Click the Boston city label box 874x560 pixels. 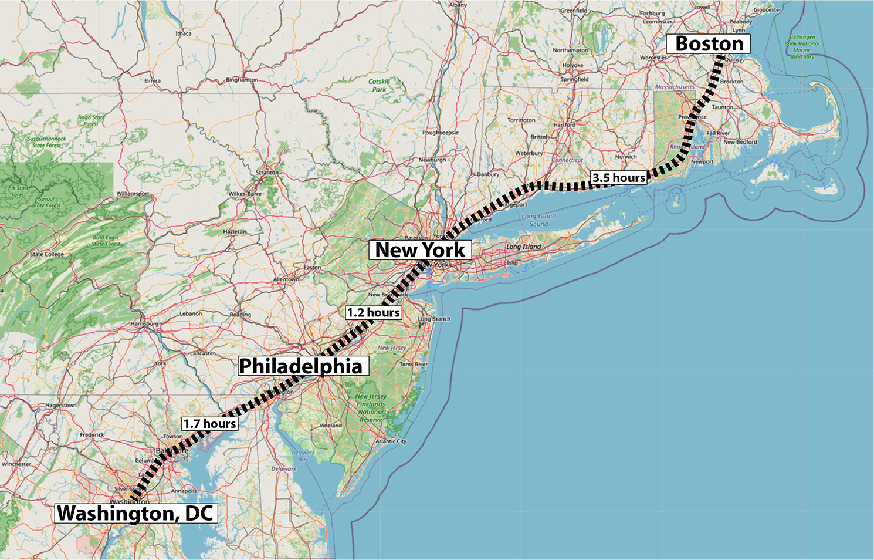(709, 44)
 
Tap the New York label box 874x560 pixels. (420, 250)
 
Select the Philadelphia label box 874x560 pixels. (302, 366)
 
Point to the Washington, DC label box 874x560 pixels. (135, 514)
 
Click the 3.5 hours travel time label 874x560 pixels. (619, 178)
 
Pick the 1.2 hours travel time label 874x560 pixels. (373, 313)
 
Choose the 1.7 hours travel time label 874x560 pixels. (209, 424)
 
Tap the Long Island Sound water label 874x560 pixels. (538, 220)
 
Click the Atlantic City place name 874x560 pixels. (391, 441)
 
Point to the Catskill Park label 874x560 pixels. (379, 86)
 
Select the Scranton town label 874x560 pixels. (267, 173)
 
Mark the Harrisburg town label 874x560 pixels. (144, 323)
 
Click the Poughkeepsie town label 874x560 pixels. (441, 133)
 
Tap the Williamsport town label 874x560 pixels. (133, 194)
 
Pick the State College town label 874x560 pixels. (47, 254)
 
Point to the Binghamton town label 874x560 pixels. (242, 80)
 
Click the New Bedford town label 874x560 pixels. (740, 142)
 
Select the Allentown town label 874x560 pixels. (286, 279)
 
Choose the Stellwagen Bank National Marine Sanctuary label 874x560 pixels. (802, 47)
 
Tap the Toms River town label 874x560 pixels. (414, 365)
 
